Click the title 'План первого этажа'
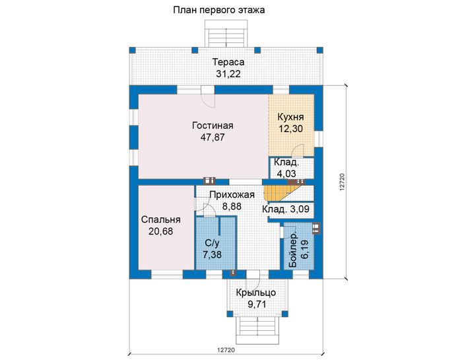(218, 10)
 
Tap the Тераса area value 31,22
(228, 74)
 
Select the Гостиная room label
(213, 126)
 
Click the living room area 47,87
(213, 137)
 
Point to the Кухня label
(291, 117)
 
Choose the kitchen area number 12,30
(291, 129)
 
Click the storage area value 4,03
(286, 174)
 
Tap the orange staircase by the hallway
(282, 193)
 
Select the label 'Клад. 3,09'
(286, 209)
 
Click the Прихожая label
(232, 195)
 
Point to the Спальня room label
(161, 220)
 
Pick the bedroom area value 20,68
(160, 231)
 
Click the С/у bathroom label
(212, 243)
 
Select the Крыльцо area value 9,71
(257, 304)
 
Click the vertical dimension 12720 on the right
(342, 182)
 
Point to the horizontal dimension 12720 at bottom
(226, 350)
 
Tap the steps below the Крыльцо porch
(257, 330)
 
